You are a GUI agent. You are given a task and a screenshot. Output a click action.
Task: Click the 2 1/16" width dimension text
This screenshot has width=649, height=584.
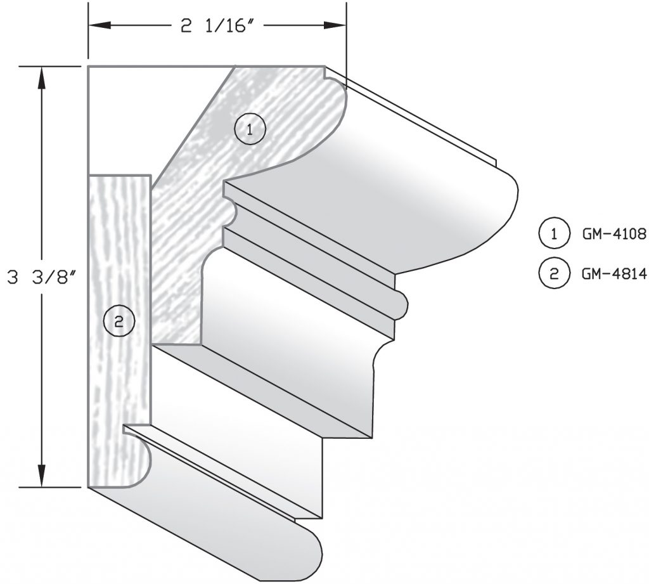217,26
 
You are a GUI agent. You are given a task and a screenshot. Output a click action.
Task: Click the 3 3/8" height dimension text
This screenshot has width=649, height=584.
42,278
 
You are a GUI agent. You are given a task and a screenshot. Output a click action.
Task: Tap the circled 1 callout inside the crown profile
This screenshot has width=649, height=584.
250,130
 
